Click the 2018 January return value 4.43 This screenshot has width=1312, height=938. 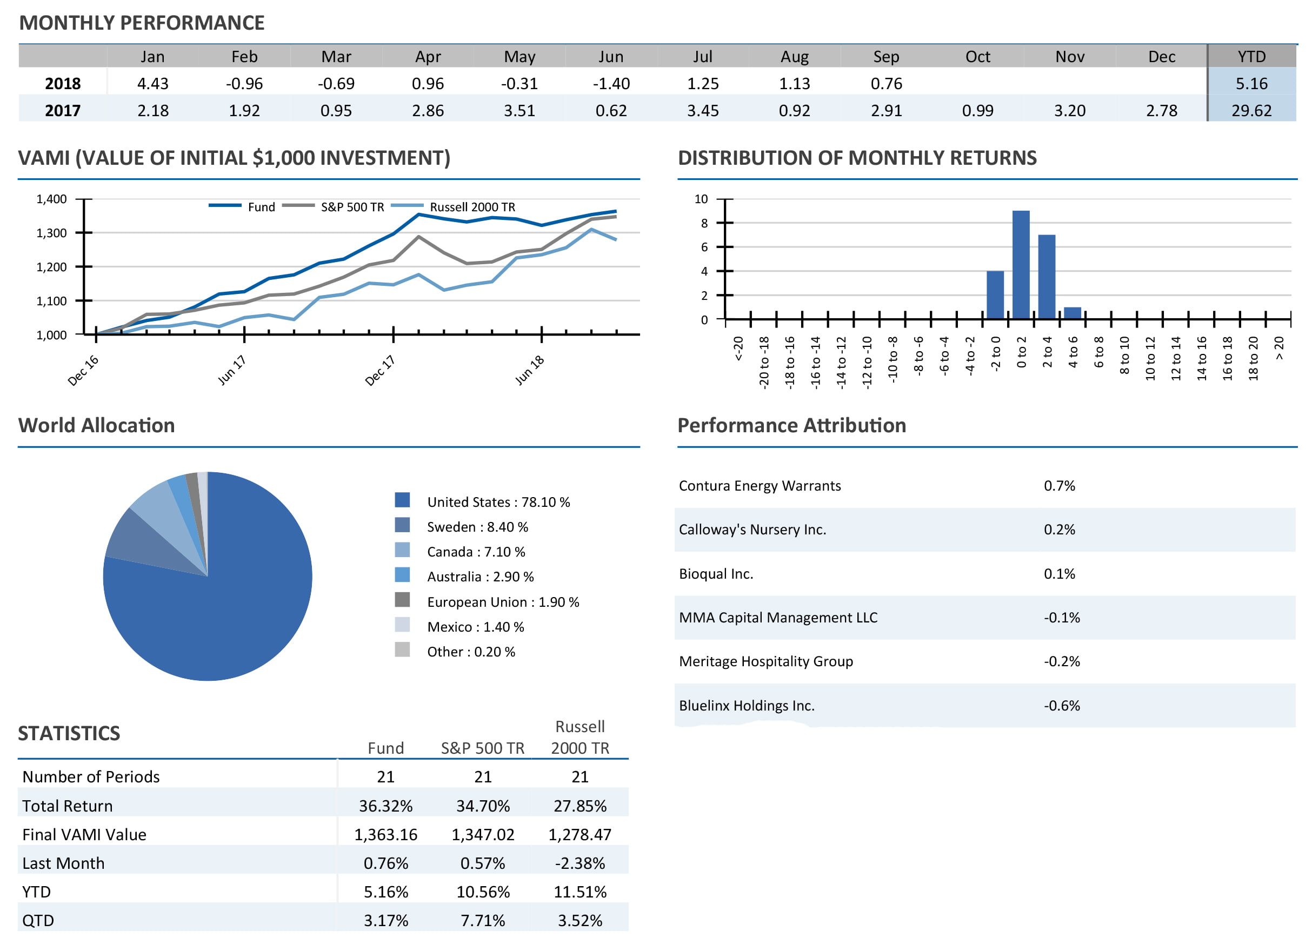click(x=152, y=84)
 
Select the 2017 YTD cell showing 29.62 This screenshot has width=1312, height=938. click(x=1251, y=110)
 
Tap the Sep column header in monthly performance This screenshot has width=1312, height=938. click(x=885, y=57)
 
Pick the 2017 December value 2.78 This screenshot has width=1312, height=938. click(x=1161, y=110)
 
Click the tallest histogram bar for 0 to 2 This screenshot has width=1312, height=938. click(x=1021, y=265)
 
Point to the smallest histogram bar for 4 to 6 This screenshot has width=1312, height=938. click(x=1072, y=312)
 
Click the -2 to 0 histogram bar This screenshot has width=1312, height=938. click(x=995, y=294)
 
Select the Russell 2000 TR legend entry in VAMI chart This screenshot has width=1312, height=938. click(x=472, y=207)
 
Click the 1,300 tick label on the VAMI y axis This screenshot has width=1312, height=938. click(x=51, y=233)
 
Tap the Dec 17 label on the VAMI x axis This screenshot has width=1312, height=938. click(x=379, y=370)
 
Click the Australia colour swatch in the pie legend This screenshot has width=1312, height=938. click(x=402, y=575)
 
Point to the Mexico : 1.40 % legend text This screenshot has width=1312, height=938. click(x=476, y=627)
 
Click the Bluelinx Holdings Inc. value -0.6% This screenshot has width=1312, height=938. click(x=1061, y=705)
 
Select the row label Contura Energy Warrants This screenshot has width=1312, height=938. click(x=759, y=486)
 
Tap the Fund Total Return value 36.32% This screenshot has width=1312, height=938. click(x=385, y=806)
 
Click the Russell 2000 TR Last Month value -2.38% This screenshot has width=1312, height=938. click(x=580, y=863)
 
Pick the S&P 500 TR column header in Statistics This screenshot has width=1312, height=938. click(x=482, y=748)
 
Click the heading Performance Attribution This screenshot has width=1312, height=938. click(x=791, y=426)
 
